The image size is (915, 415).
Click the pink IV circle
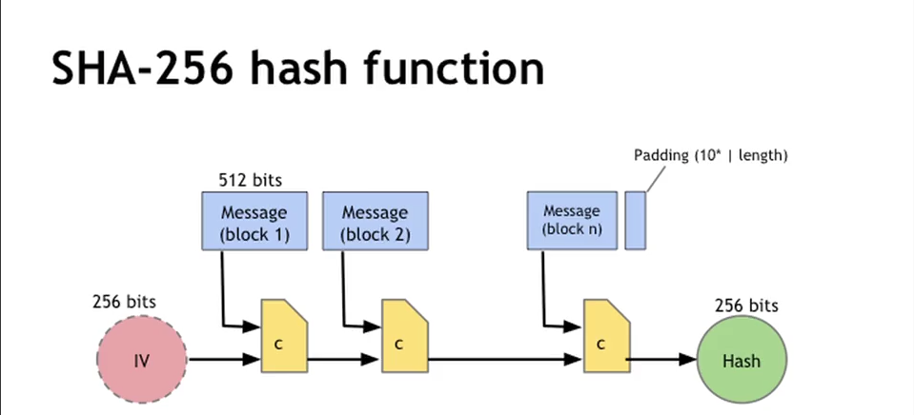pyautogui.click(x=142, y=361)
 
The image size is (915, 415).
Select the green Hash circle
pyautogui.click(x=742, y=361)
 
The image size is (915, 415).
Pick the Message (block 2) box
pyautogui.click(x=375, y=222)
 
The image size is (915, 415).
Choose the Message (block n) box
pyautogui.click(x=572, y=220)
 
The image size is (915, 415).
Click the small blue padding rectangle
pyautogui.click(x=636, y=220)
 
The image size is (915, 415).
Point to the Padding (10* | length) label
pyautogui.click(x=710, y=154)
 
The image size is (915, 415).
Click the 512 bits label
pyautogui.click(x=251, y=180)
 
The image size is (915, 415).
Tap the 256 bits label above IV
pyautogui.click(x=124, y=302)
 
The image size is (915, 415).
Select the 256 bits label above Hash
pyautogui.click(x=746, y=306)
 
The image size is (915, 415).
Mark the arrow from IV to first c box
pyautogui.click(x=225, y=361)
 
